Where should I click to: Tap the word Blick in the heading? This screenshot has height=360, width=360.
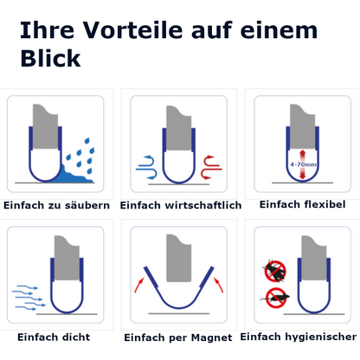click(49, 58)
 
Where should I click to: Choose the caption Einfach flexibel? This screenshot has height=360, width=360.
click(302, 204)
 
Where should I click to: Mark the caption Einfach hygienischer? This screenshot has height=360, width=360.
click(299, 336)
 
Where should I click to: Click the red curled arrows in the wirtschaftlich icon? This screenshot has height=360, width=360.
click(211, 166)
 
